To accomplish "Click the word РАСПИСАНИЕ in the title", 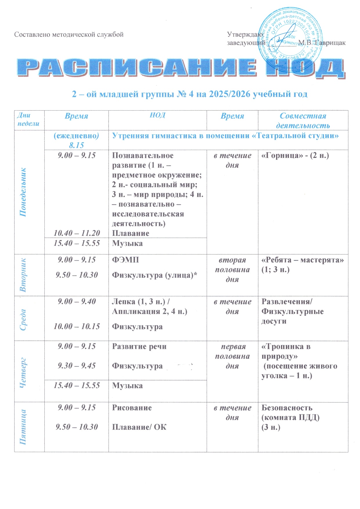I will (136, 68).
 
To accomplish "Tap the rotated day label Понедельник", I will (23, 192).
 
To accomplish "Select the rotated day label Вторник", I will (23, 275).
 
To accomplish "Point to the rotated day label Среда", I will (23, 320).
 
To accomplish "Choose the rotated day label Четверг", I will (23, 372).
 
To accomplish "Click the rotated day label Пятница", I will (23, 427).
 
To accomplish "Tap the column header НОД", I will (157, 115).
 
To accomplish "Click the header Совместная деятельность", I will (303, 120).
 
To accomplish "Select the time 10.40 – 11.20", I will (77, 233).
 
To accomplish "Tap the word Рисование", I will (132, 408).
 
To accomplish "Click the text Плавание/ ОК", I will (139, 427).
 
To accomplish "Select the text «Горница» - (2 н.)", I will (295, 156).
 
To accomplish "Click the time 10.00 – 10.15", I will (77, 326).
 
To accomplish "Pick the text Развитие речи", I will (139, 346).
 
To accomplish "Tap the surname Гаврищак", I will (330, 43).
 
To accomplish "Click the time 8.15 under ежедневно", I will (76, 145).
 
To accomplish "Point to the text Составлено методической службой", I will (69, 35).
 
